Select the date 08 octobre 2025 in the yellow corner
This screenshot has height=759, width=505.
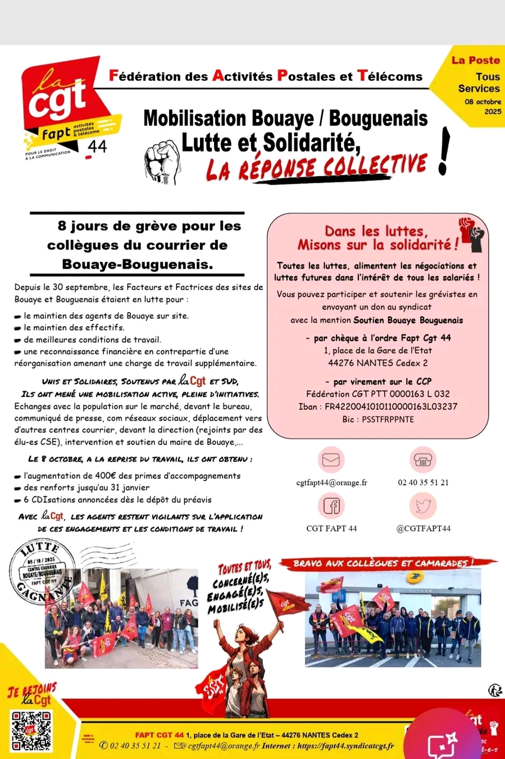pos(483,106)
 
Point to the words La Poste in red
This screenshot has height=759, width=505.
pos(475,60)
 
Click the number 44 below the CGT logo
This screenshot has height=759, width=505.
pos(97,147)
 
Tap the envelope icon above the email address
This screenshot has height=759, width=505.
pos(331,460)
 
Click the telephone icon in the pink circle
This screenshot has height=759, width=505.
pos(422,460)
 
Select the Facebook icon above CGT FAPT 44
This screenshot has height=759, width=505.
pos(331,506)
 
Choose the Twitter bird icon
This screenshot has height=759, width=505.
pos(422,506)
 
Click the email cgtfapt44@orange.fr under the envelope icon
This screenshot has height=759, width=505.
pos(331,482)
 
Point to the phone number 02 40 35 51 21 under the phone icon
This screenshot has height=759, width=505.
pos(423,482)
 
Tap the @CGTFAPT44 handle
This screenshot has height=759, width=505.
pos(423,528)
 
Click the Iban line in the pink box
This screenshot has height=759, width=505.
pos(377,406)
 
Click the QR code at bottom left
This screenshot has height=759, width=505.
pos(31,731)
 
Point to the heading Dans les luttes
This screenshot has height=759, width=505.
pos(376,231)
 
